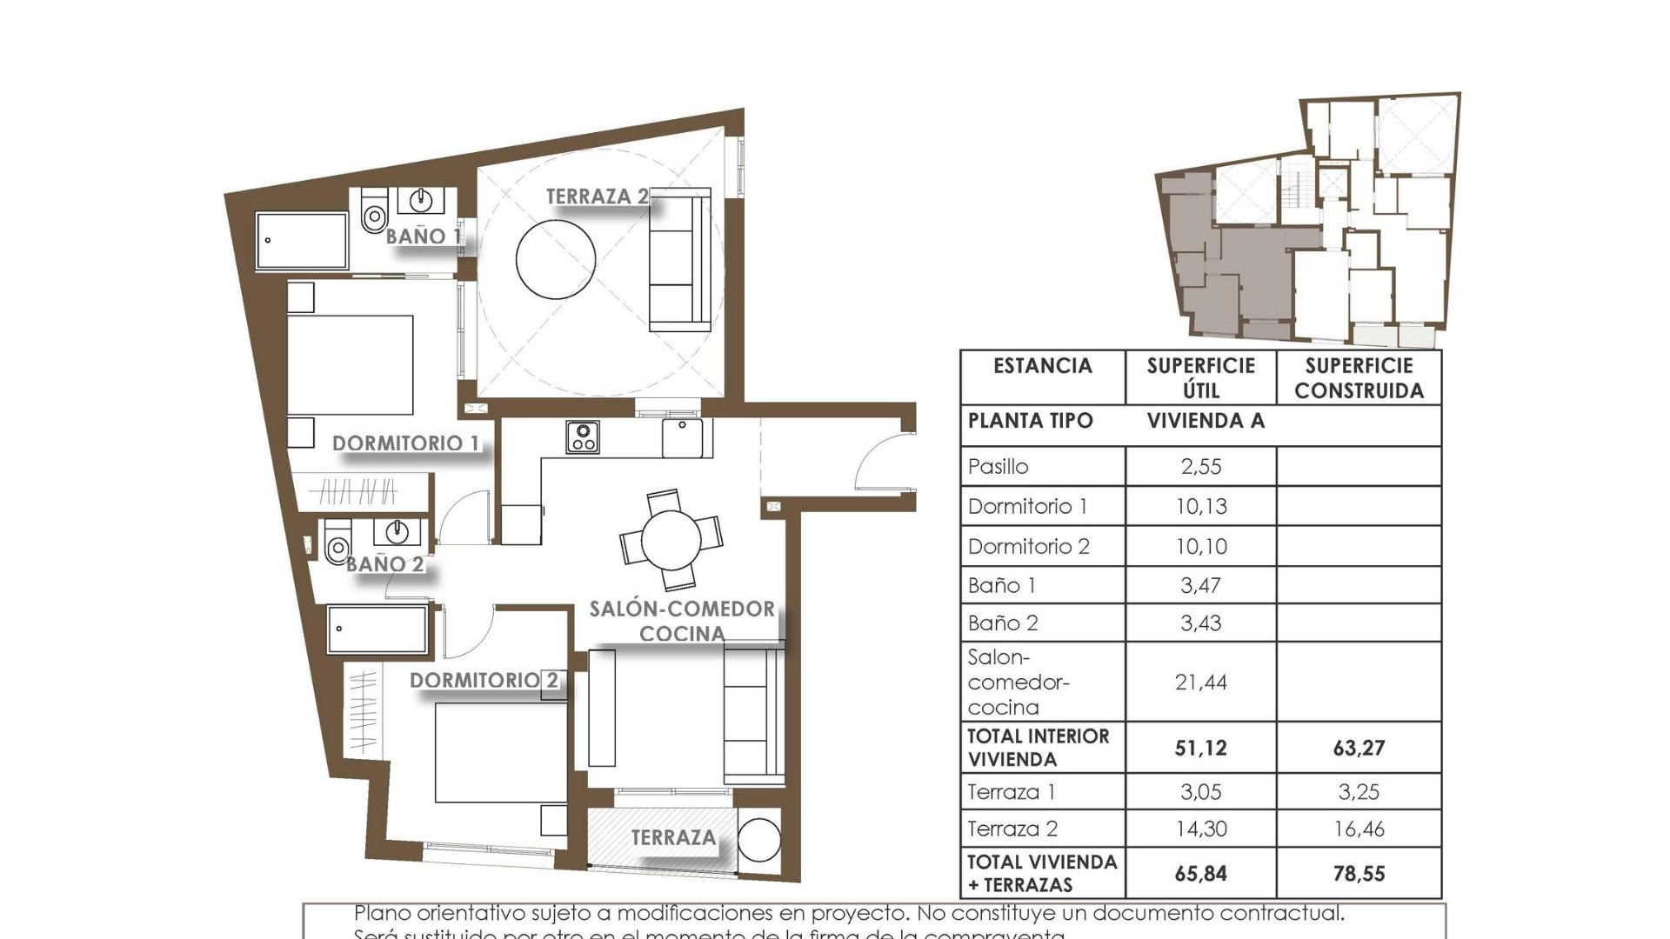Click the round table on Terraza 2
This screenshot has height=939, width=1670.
(x=556, y=259)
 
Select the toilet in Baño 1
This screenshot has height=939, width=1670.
(x=374, y=212)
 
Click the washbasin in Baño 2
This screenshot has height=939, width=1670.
(x=397, y=531)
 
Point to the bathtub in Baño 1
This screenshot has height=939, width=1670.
(x=302, y=241)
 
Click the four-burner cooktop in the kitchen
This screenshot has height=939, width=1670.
(x=582, y=437)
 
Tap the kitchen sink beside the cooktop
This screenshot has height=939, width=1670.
(x=684, y=437)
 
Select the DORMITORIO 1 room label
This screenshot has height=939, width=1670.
(x=405, y=443)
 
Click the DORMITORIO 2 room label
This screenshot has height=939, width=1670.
(x=484, y=680)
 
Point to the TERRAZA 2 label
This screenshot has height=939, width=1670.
(x=597, y=197)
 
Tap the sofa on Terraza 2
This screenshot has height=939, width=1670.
(x=680, y=259)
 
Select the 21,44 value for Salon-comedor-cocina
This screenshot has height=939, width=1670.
(x=1200, y=683)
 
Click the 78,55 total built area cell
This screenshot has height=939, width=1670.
(x=1359, y=874)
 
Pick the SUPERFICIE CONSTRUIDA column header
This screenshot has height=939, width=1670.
(x=1359, y=378)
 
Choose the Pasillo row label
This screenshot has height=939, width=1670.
(x=999, y=467)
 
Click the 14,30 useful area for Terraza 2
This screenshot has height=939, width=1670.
(x=1200, y=829)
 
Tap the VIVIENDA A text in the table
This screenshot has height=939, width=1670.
(x=1205, y=422)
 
